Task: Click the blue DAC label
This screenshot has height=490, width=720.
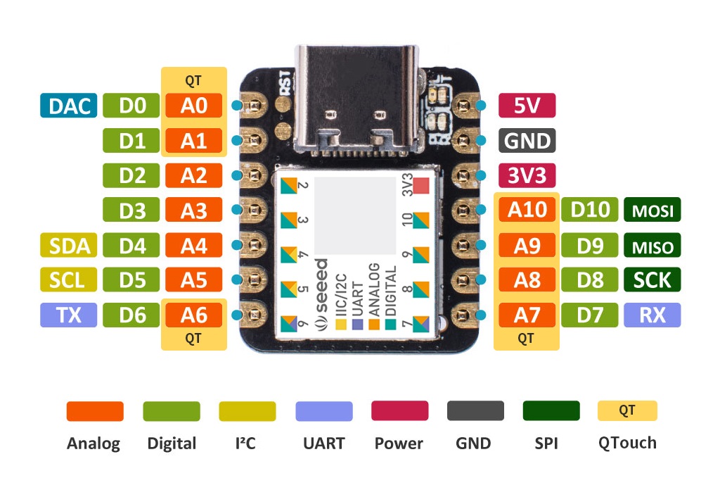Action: click(x=68, y=106)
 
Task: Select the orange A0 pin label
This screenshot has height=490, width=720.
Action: click(x=193, y=106)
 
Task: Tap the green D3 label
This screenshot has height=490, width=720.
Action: click(x=131, y=210)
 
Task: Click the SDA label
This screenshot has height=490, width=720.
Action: click(x=68, y=245)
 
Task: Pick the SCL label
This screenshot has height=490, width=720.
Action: click(x=68, y=279)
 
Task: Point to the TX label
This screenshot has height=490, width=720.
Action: click(x=68, y=315)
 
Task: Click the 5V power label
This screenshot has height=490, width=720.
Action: click(x=527, y=106)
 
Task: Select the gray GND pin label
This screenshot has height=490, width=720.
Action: click(x=527, y=141)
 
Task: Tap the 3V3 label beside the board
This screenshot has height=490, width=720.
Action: click(x=527, y=175)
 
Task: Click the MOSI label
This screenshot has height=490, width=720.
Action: click(x=652, y=210)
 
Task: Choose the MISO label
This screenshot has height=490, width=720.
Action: click(x=652, y=245)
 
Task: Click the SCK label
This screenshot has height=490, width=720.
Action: click(x=652, y=279)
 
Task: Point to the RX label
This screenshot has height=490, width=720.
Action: click(x=652, y=315)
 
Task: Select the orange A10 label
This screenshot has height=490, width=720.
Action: click(x=527, y=210)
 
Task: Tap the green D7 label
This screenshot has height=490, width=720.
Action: click(x=589, y=315)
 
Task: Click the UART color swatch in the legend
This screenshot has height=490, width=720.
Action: click(x=323, y=411)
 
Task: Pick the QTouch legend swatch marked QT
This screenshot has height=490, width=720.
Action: click(x=627, y=411)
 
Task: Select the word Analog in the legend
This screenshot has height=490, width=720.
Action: click(x=94, y=444)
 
